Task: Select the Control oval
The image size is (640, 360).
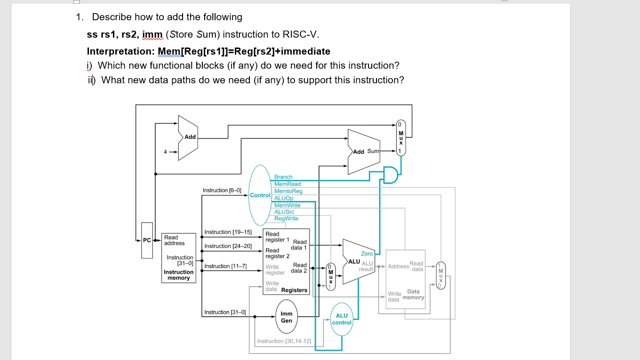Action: coord(260,195)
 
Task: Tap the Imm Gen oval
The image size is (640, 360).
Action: coord(287,317)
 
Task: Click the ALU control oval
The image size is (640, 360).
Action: coord(342,319)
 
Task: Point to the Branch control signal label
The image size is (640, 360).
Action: coord(283,177)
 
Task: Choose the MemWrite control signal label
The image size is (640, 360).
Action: coord(287,205)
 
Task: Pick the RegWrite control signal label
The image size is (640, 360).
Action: coord(286,218)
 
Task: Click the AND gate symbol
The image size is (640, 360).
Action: coord(390,175)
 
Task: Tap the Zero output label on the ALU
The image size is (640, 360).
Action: coord(367,254)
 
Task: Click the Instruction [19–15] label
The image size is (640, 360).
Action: coord(228,232)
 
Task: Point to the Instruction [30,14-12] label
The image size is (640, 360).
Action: coord(284,341)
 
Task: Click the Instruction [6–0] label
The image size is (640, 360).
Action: coord(222,190)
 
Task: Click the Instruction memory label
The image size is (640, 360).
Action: coord(178,275)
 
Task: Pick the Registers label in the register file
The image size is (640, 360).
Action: coord(294,290)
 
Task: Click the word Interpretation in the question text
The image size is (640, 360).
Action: coord(121,51)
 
